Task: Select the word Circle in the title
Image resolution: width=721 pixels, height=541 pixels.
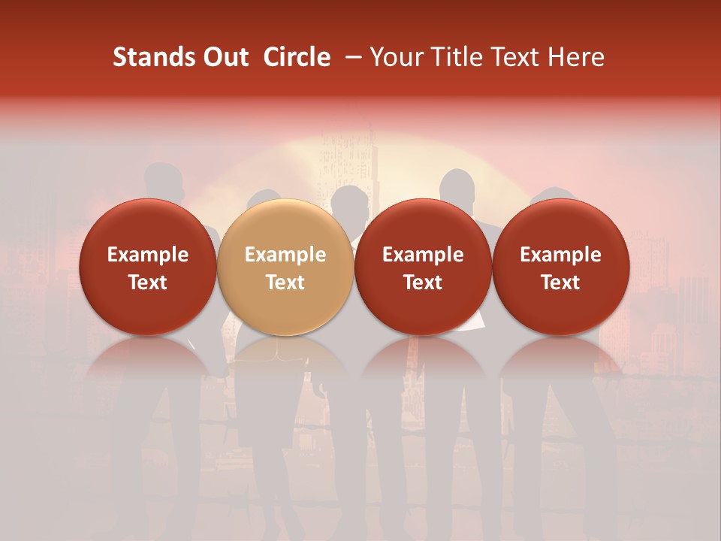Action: click(297, 57)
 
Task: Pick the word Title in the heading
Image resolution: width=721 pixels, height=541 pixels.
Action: click(457, 57)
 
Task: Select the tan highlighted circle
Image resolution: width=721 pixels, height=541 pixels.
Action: click(285, 267)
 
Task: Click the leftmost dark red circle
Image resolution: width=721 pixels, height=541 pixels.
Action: click(147, 267)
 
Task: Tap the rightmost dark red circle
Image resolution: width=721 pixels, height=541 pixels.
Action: click(561, 267)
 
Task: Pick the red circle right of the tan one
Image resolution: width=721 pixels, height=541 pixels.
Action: click(423, 267)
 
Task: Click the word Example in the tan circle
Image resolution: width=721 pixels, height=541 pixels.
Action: click(285, 255)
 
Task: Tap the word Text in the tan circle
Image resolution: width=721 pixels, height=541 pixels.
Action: click(285, 283)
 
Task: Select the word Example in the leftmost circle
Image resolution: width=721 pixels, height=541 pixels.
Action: click(147, 255)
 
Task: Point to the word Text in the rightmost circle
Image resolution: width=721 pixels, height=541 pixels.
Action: click(561, 283)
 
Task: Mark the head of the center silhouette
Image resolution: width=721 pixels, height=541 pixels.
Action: click(349, 201)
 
